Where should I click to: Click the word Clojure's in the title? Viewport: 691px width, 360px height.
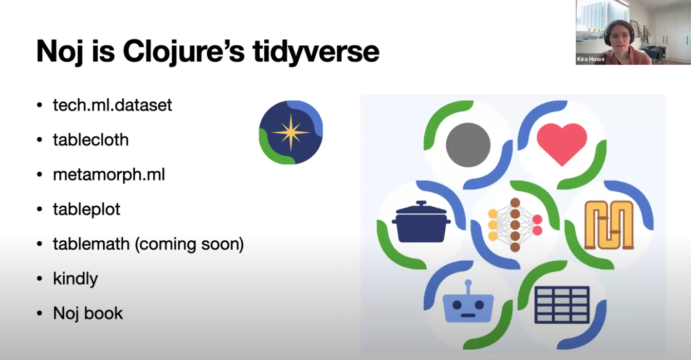click(183, 52)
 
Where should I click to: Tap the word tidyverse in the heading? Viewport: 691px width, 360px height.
click(316, 52)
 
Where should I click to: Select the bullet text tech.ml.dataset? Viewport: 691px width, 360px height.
click(112, 105)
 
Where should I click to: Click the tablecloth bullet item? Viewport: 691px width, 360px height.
click(91, 140)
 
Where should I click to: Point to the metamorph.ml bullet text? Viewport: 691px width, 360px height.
click(109, 175)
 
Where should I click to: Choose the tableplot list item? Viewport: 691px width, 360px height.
click(87, 210)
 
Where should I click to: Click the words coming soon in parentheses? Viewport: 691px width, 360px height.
click(189, 244)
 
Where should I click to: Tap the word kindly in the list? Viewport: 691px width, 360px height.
click(75, 279)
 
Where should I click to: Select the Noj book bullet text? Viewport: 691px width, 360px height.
click(88, 313)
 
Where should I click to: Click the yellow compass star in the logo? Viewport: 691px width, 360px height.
click(291, 133)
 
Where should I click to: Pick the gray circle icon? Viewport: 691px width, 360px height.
click(468, 145)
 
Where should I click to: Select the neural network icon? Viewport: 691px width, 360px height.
click(515, 225)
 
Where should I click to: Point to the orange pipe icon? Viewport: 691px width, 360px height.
click(609, 225)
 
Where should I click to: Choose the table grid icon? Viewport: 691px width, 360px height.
click(562, 305)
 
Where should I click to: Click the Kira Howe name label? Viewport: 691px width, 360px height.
click(590, 59)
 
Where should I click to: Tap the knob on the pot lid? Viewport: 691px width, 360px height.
click(421, 203)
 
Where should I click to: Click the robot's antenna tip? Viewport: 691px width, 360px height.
click(468, 282)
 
